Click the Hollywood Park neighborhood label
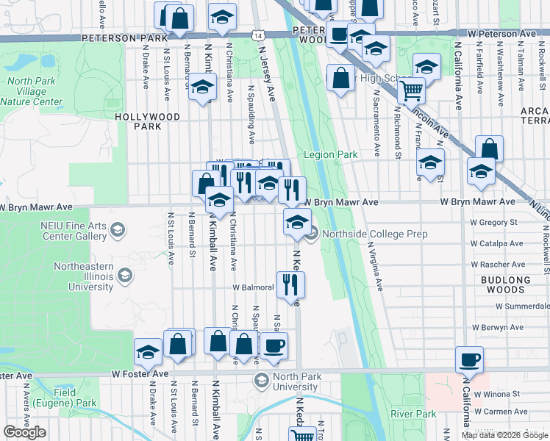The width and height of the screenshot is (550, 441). tap(148, 121)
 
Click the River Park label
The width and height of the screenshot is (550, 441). tap(413, 415)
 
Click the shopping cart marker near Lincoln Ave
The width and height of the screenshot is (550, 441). tap(411, 90)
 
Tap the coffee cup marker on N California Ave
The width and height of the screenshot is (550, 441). tap(469, 360)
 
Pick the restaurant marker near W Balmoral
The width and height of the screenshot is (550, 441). tap(293, 283)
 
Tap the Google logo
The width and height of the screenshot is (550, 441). tap(25, 432)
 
